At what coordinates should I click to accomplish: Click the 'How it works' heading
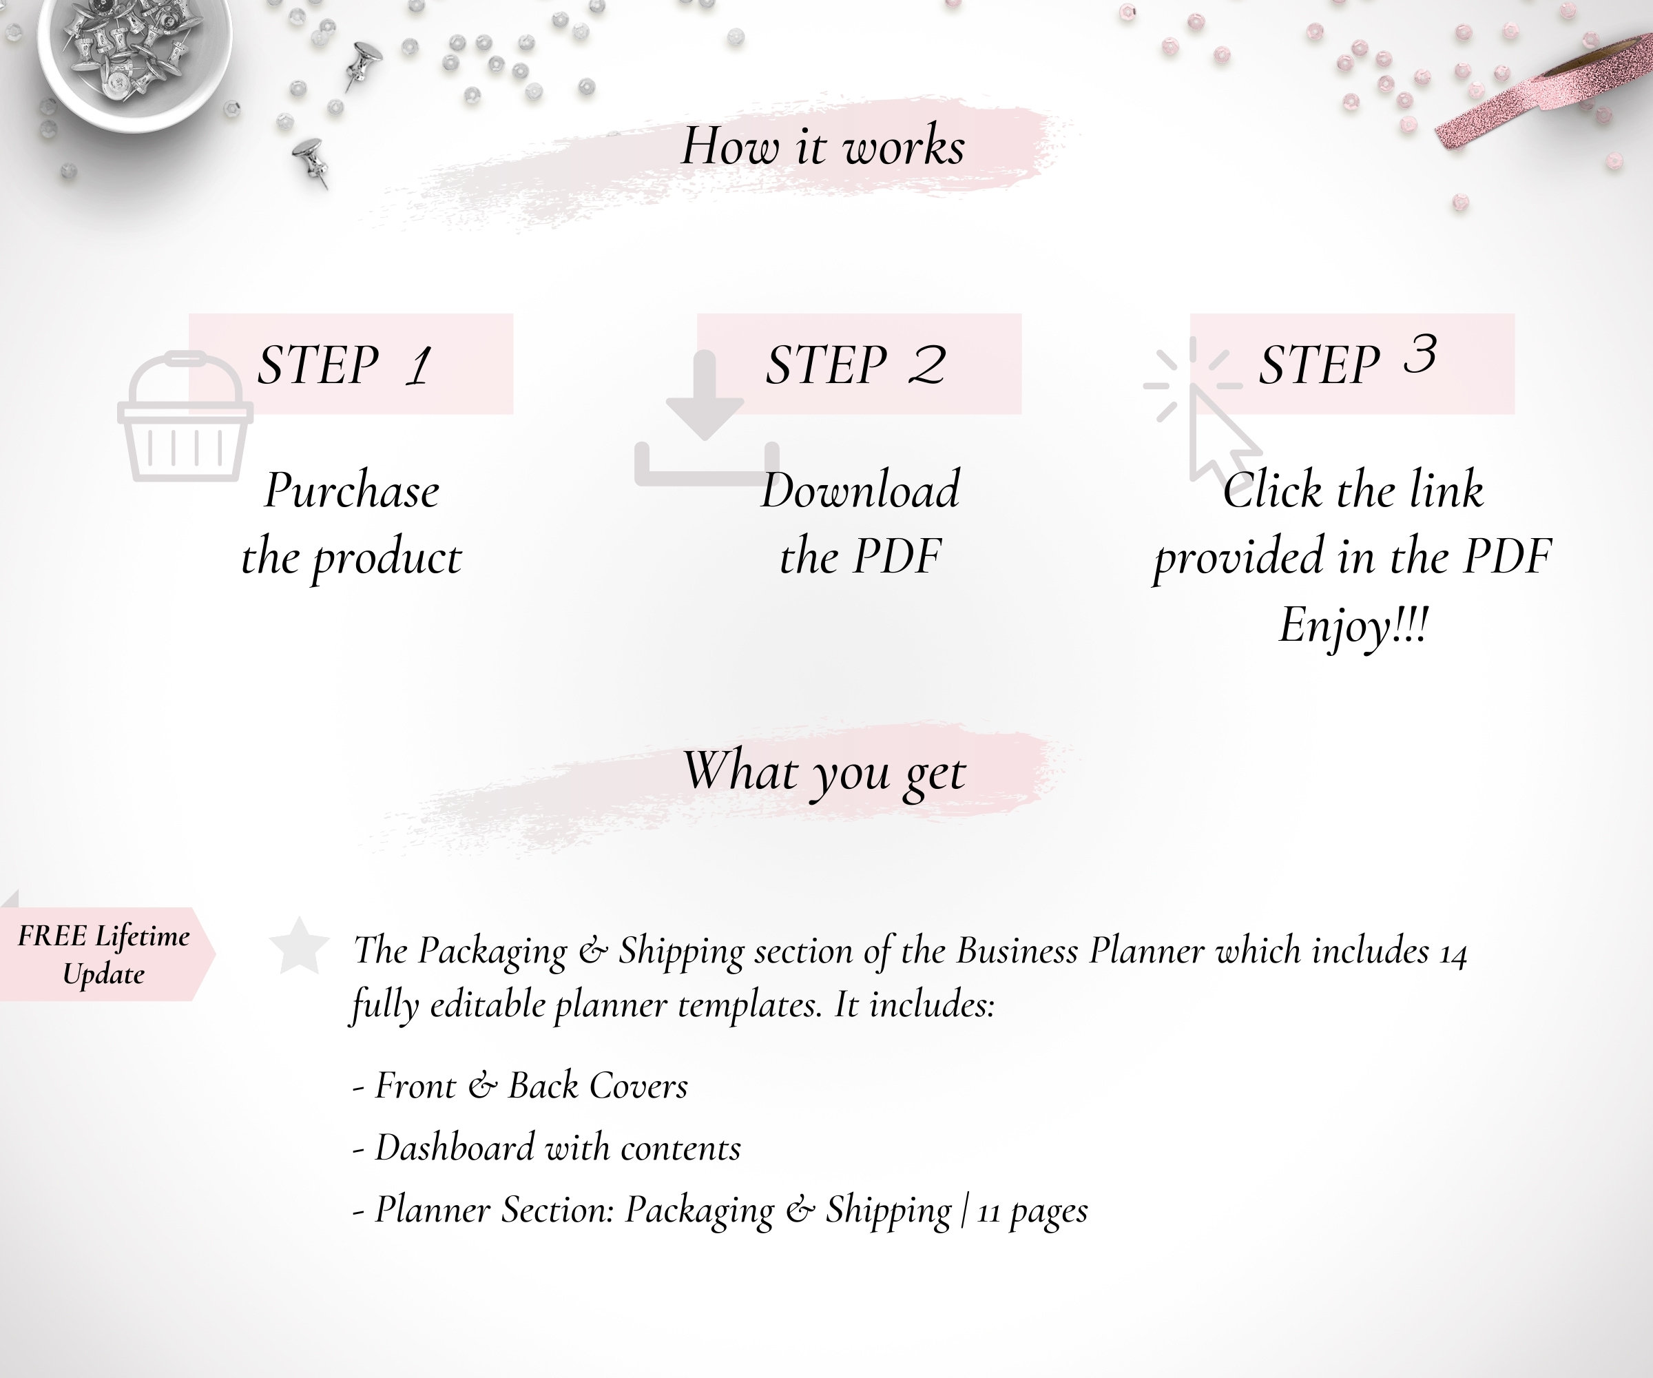[x=822, y=147]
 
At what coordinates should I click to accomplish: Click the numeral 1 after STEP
[x=419, y=365]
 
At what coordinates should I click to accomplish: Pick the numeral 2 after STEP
[x=927, y=365]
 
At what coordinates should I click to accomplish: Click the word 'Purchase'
[x=352, y=491]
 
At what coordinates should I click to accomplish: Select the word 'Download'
[x=860, y=491]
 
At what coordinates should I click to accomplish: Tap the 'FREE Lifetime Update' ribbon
[x=103, y=954]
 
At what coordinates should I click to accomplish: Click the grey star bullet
[x=299, y=945]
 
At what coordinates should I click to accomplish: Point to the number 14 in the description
[x=1453, y=954]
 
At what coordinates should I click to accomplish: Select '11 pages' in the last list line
[x=1032, y=1211]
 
